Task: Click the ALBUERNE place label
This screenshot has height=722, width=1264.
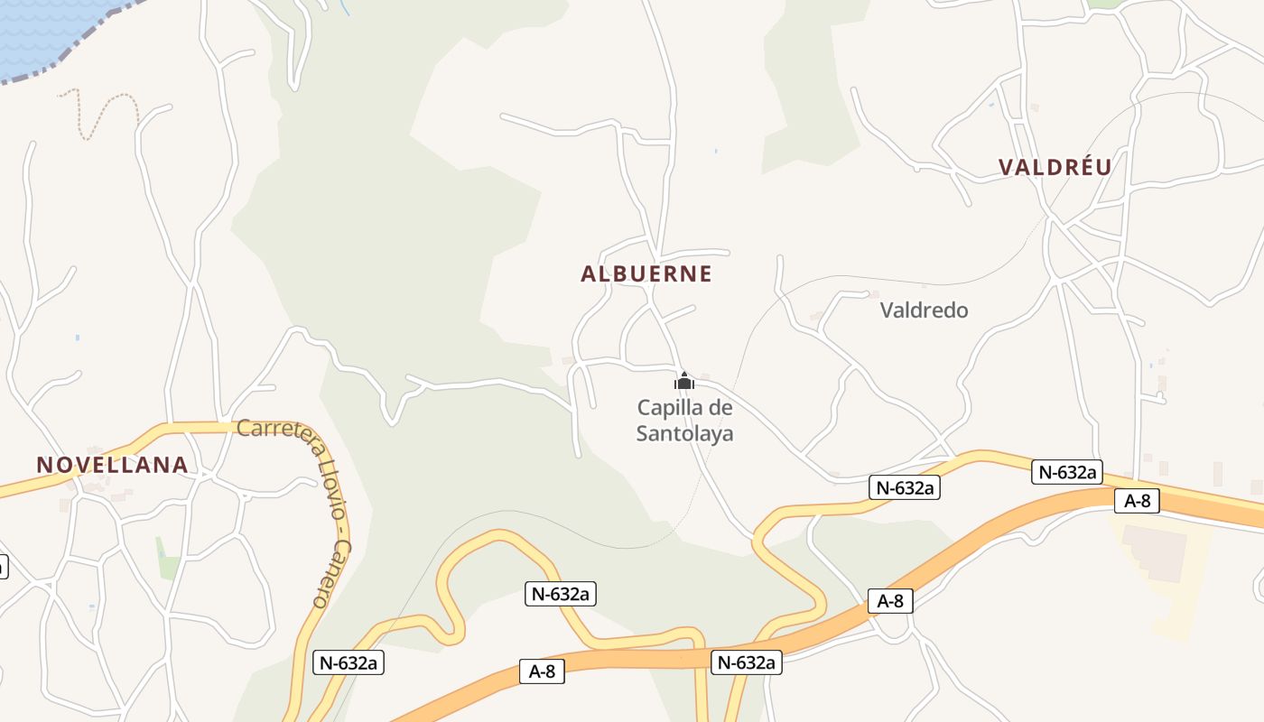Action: [646, 274]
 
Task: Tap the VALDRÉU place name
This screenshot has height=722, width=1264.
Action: [1055, 167]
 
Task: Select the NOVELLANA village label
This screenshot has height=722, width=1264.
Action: [112, 465]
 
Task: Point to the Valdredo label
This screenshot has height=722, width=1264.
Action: [924, 310]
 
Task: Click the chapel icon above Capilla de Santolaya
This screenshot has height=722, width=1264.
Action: [684, 381]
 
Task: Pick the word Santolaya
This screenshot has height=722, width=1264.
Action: [684, 434]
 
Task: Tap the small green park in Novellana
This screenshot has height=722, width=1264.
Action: [168, 558]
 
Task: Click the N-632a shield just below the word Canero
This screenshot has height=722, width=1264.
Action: [349, 662]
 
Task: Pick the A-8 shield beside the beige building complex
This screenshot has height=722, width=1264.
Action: [1137, 501]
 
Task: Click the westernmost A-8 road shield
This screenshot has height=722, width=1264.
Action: [542, 671]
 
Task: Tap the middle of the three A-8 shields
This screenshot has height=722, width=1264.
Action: [890, 601]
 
